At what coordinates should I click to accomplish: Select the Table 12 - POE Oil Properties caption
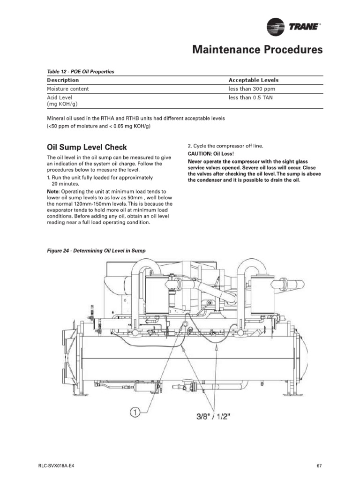pos(80,72)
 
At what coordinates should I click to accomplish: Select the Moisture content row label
pos(67,89)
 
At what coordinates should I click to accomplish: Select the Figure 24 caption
pos(96,251)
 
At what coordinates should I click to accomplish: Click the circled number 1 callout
pos(135,413)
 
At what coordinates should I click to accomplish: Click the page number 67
pos(319,465)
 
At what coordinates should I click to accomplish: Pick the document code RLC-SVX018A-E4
pos(57,465)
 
